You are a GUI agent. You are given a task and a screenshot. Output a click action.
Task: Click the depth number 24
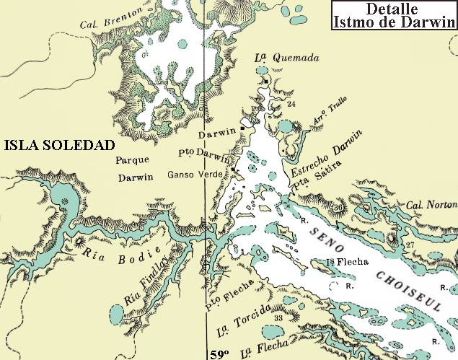(x=291, y=105)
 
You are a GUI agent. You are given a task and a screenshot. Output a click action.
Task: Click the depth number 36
(x=339, y=208)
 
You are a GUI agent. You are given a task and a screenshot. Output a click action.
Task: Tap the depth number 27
(x=410, y=246)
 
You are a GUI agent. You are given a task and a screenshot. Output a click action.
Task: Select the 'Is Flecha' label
(x=342, y=262)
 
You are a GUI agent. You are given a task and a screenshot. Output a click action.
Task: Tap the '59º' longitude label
(x=219, y=354)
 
